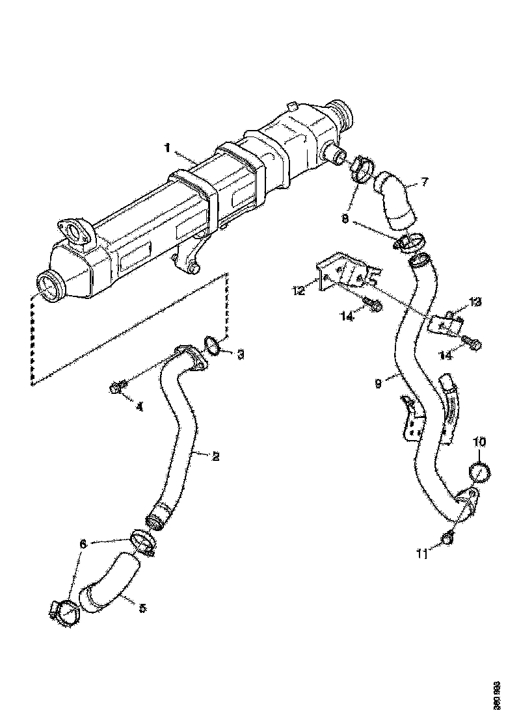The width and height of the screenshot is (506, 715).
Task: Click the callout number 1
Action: tap(167, 148)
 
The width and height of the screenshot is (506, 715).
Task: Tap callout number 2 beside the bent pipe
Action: tap(215, 456)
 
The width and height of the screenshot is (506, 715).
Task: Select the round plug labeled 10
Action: tap(479, 471)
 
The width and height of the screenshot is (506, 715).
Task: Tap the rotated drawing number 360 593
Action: tap(496, 693)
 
